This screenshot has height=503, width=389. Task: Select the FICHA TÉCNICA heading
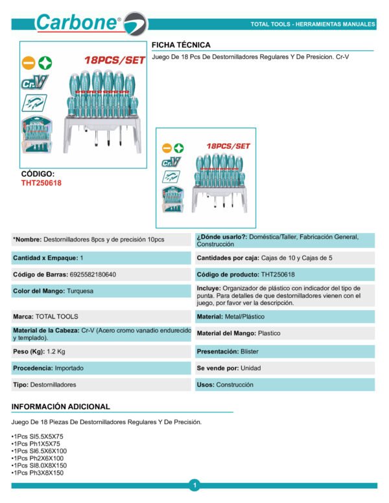181,45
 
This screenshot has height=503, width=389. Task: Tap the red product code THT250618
41,183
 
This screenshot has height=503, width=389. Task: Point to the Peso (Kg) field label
29,352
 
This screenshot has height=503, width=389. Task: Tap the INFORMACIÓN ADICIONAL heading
61,407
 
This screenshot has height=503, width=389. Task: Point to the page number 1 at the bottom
194,484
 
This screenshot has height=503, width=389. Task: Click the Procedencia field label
32,368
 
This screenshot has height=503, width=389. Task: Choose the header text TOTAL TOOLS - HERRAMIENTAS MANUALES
312,25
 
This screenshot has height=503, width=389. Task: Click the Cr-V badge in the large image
34,82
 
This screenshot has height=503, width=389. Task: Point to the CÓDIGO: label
38,174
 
